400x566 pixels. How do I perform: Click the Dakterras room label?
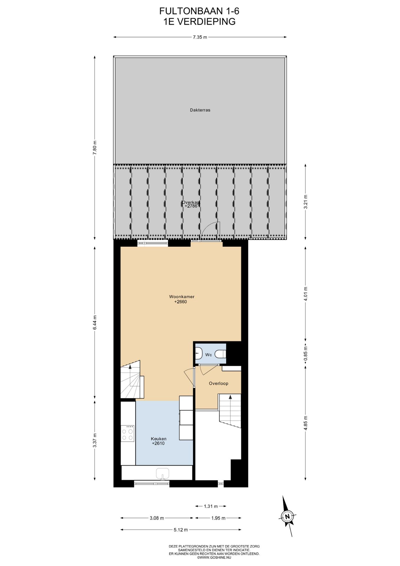[200, 110]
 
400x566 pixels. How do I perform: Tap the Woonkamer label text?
[181, 297]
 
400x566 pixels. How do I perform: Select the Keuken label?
[158, 439]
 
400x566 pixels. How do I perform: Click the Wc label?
[209, 355]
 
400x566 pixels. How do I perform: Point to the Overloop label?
[219, 384]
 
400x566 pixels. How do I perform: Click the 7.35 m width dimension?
[200, 37]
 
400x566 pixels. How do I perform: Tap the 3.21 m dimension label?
[305, 202]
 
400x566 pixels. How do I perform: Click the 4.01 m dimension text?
[305, 294]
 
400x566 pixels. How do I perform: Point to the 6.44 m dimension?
[95, 323]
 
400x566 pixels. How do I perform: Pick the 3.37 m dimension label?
[95, 440]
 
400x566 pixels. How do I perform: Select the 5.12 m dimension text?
[181, 530]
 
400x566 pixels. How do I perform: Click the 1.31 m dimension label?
[211, 506]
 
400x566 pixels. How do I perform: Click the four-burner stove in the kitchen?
[128, 433]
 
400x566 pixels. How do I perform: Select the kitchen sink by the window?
[163, 473]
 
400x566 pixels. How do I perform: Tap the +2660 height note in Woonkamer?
[181, 302]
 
